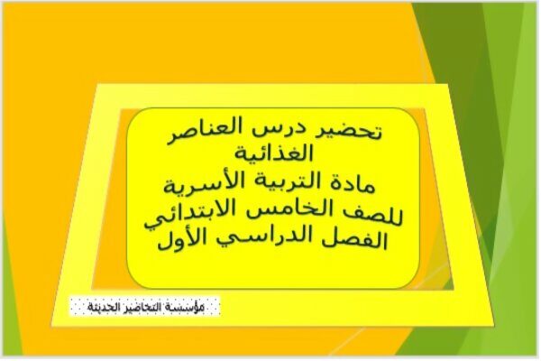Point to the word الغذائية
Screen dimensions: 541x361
274,153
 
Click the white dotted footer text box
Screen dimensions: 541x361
145,307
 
